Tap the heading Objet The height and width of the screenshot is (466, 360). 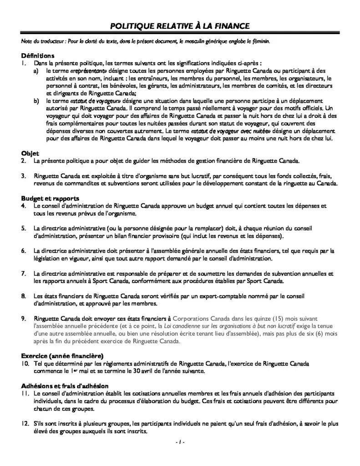click(30, 153)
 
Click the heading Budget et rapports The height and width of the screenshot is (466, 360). click(50, 198)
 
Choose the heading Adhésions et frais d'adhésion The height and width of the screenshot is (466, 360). click(65, 385)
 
